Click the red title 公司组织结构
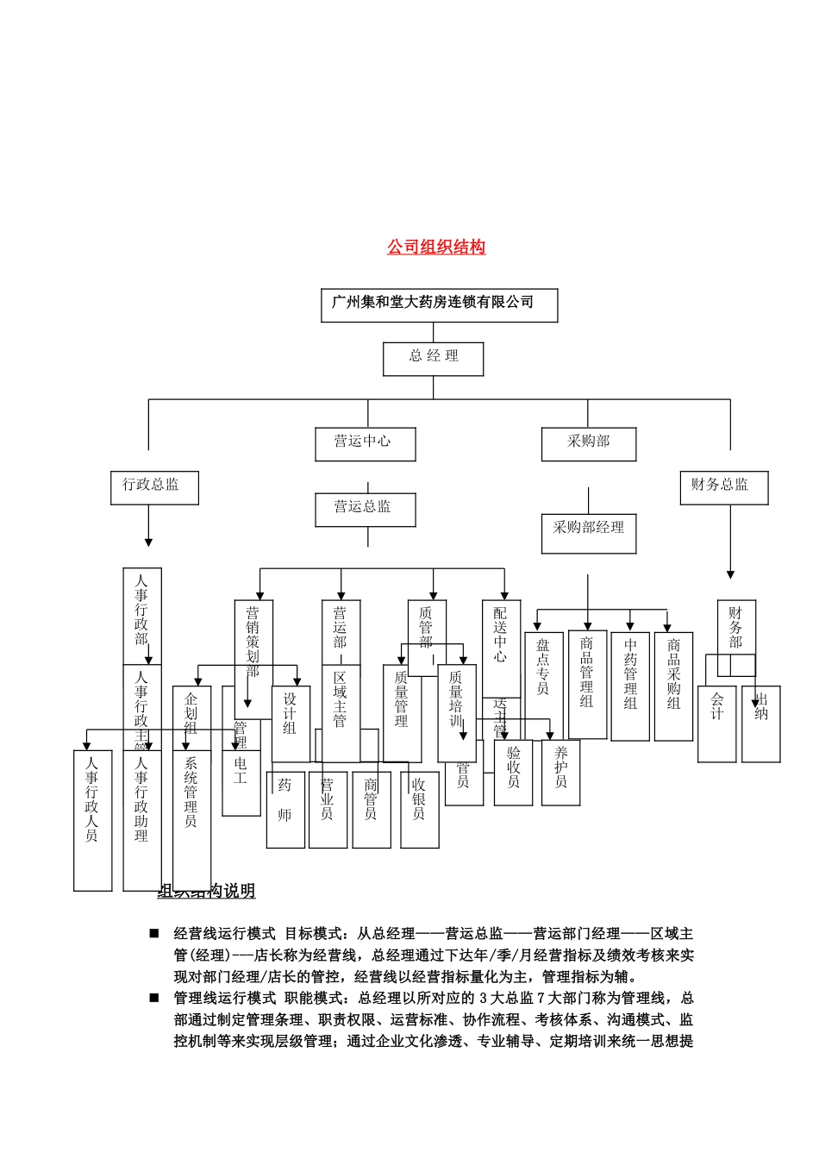pyautogui.click(x=436, y=247)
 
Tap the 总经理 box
pyautogui.click(x=433, y=358)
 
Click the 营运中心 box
pyautogui.click(x=363, y=443)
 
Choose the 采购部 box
pyautogui.click(x=588, y=443)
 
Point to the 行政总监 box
pyautogui.click(x=154, y=487)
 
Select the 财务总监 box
pyautogui.click(x=723, y=487)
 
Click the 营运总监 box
pyautogui.click(x=363, y=509)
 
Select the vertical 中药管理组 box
pyautogui.click(x=630, y=686)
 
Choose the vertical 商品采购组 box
pyautogui.click(x=673, y=686)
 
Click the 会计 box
pyautogui.click(x=716, y=724)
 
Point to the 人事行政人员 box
pyautogui.click(x=92, y=819)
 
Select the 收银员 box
pyautogui.click(x=419, y=809)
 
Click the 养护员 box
pyautogui.click(x=560, y=773)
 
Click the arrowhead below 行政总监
pyautogui.click(x=148, y=542)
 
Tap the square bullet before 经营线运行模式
pyautogui.click(x=154, y=933)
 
